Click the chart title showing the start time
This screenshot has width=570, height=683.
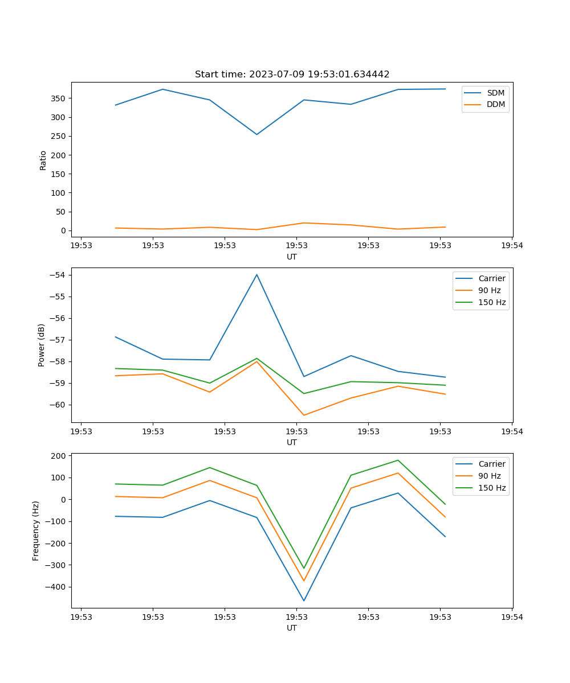tap(292, 75)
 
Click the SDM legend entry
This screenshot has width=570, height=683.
tap(495, 93)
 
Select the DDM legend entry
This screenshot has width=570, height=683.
tap(495, 104)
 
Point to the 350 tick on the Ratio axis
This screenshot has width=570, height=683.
tap(59, 98)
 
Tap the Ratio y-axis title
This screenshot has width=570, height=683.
tap(43, 160)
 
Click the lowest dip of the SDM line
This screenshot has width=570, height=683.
tap(256, 134)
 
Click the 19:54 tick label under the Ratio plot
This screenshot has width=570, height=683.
tap(512, 246)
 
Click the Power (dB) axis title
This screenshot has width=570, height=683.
tap(42, 345)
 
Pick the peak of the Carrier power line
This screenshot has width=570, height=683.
tap(256, 274)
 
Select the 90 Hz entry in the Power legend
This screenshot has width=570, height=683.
tap(489, 290)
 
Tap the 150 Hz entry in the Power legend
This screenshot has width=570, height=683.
tap(491, 302)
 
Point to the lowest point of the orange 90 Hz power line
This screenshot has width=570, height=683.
tap(304, 415)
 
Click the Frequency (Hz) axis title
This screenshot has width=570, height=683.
tap(36, 530)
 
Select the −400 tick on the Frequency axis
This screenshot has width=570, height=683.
tap(57, 587)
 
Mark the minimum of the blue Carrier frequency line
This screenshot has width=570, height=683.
tap(304, 600)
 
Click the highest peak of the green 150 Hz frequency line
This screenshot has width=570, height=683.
tap(398, 460)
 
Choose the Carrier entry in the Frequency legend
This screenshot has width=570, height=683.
tap(491, 464)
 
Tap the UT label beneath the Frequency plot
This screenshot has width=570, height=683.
tap(292, 628)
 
